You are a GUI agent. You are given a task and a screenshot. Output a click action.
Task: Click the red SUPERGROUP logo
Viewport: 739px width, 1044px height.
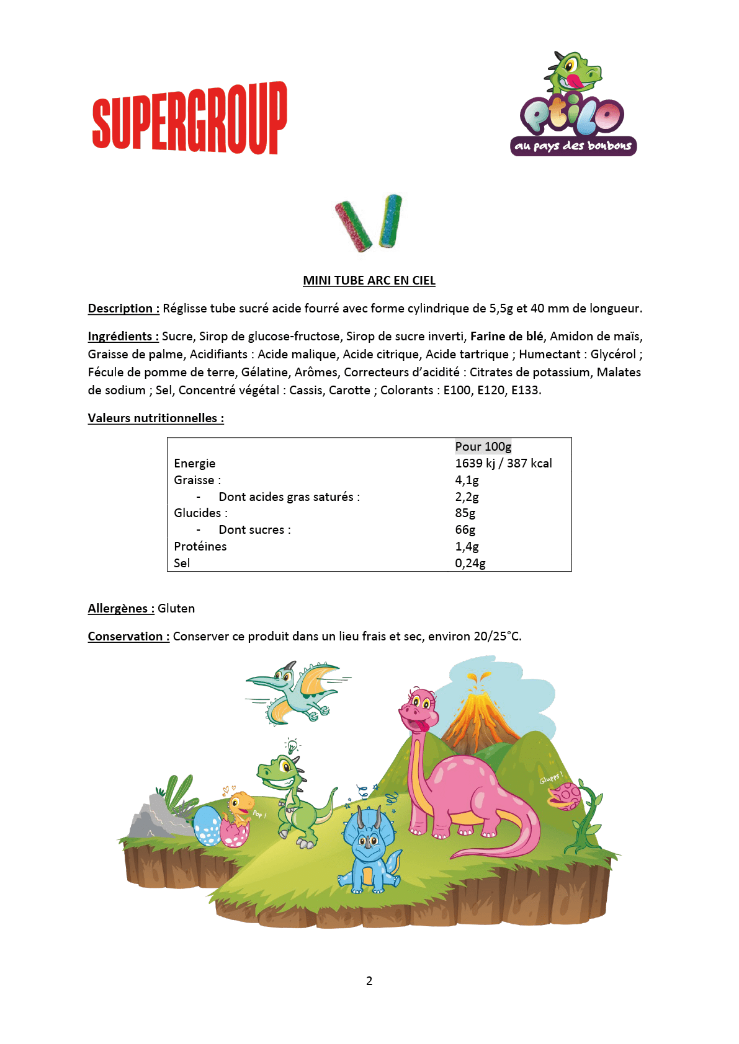(189, 118)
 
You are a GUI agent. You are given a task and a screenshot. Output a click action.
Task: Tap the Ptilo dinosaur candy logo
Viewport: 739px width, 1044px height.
(573, 105)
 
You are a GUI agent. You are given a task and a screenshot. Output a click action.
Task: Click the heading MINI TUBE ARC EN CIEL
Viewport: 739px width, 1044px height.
(369, 280)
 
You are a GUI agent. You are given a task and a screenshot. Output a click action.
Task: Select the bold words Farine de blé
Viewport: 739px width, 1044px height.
(506, 336)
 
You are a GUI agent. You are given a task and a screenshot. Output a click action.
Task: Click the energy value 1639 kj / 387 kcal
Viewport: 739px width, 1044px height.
(503, 463)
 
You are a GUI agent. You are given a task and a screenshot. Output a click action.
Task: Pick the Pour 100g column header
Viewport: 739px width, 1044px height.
(483, 446)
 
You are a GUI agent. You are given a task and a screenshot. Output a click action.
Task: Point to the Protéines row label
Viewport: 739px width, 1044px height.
(200, 546)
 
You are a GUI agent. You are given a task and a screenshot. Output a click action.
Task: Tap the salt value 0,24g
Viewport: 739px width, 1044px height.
(470, 563)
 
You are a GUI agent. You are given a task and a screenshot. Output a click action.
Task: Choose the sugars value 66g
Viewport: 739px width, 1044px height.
(465, 529)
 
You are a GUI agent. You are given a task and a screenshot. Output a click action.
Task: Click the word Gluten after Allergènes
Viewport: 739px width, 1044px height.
(176, 608)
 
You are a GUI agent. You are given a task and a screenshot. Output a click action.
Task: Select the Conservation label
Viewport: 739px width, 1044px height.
(128, 636)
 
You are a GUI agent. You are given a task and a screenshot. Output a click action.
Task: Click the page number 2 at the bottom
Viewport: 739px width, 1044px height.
(369, 981)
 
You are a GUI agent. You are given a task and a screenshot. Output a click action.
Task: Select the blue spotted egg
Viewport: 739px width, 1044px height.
(206, 826)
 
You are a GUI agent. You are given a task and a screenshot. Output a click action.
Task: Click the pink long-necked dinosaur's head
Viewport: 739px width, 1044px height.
(419, 709)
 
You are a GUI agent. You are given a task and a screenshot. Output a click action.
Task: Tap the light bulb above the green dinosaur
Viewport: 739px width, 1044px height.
(292, 746)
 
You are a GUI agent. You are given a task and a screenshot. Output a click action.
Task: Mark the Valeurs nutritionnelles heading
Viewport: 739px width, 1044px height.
(156, 418)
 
